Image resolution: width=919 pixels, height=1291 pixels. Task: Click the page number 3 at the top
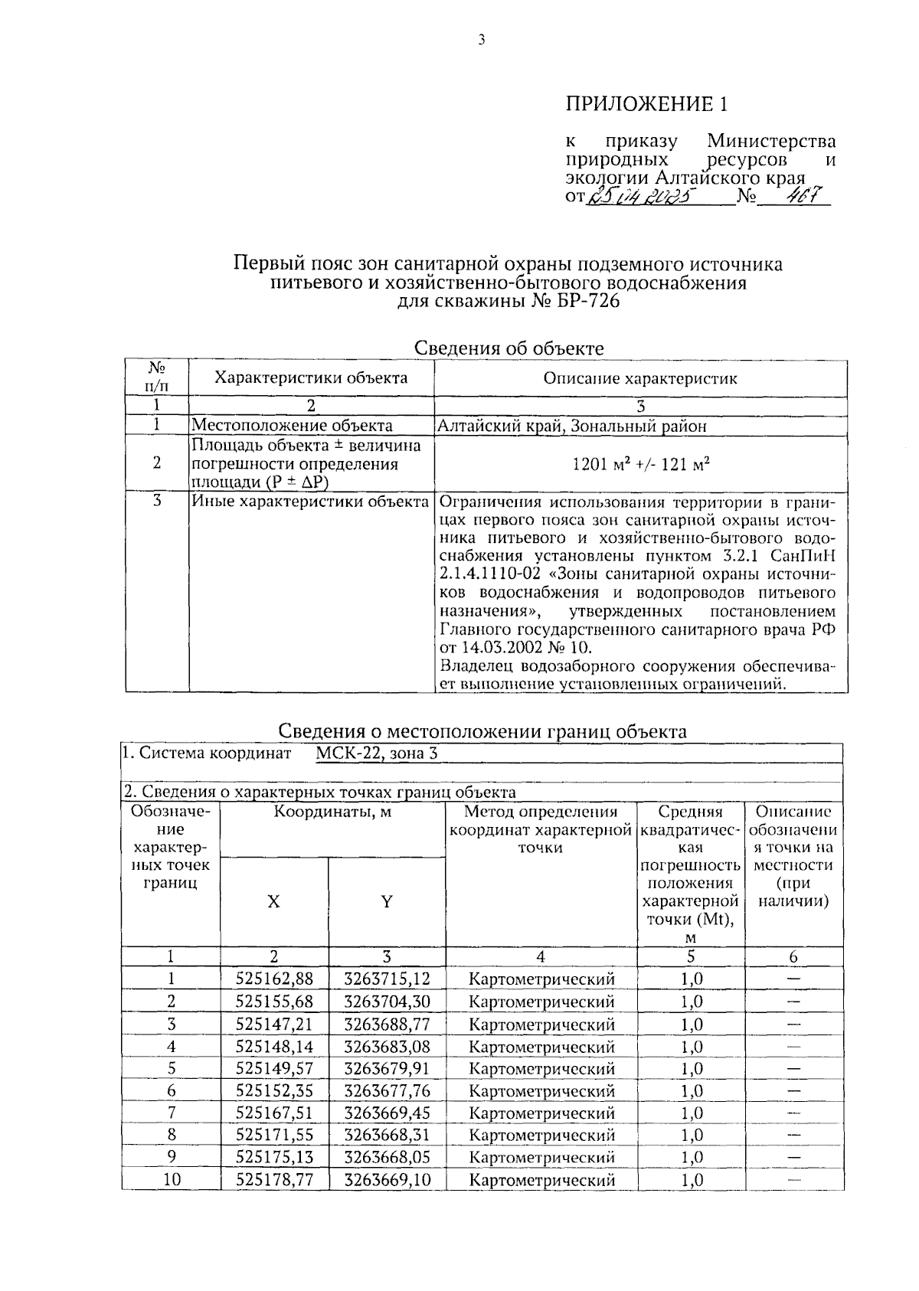pos(481,41)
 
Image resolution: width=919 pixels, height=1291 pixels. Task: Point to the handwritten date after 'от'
pos(638,198)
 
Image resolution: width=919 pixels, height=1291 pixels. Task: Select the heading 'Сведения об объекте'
pos(509,348)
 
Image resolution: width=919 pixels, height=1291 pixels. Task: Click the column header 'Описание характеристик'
pos(640,378)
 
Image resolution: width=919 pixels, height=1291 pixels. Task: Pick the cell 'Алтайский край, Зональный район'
pos(571,427)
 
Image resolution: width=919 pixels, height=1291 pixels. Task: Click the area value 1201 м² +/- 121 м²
pos(640,463)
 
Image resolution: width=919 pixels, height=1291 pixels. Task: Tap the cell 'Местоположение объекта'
pos(292,427)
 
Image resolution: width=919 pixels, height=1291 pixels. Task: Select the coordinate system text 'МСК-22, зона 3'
pos(377,753)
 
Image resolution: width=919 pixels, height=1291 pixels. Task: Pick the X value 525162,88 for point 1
pos(274,979)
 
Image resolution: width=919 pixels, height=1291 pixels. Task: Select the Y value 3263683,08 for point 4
pos(387,1047)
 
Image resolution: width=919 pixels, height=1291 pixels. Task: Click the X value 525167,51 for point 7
pos(274,1113)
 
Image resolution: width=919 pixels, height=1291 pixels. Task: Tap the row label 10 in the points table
pos(172,1180)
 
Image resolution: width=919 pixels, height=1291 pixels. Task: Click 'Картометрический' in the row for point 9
pos(541,1158)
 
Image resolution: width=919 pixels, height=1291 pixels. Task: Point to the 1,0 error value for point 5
pos(691,1069)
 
